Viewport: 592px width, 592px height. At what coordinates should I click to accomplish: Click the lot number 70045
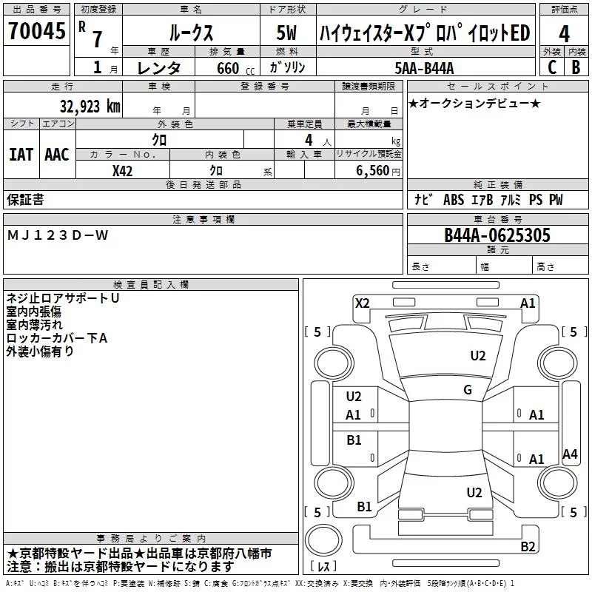36,32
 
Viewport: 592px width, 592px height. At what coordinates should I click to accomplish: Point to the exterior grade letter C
551,67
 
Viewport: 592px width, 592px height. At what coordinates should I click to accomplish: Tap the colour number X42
123,170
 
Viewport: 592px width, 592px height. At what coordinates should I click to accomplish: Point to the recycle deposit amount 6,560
374,171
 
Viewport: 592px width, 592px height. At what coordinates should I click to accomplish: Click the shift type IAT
21,155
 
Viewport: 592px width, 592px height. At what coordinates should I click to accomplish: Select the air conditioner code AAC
57,155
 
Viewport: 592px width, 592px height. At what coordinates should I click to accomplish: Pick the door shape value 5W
286,33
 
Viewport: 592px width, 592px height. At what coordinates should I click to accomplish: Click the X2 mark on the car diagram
362,303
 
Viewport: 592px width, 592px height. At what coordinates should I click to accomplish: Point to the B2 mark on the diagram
528,547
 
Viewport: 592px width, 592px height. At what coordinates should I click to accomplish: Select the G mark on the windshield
468,390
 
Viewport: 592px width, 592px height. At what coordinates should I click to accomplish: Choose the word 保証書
25,199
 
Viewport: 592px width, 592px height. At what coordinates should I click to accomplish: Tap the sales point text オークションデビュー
474,103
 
